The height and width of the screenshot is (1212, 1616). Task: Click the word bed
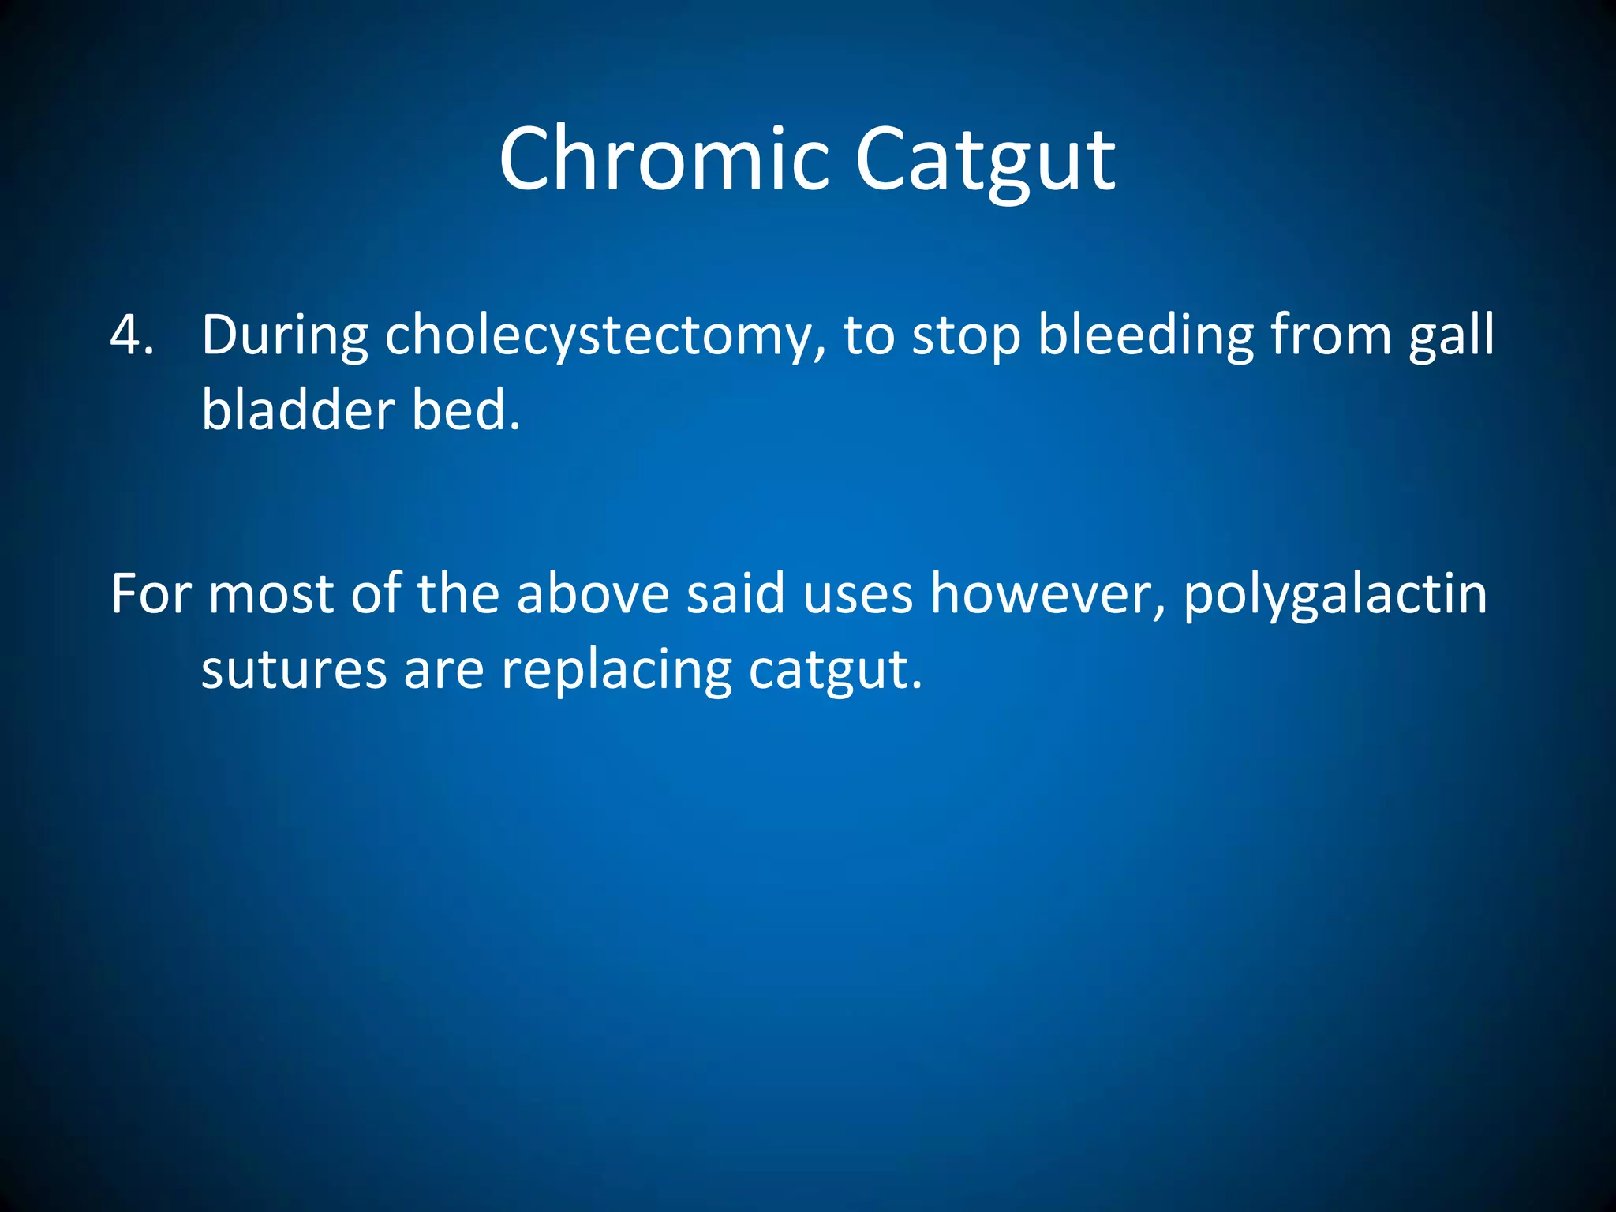pos(466,411)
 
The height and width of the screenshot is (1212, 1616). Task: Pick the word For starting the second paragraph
pos(151,594)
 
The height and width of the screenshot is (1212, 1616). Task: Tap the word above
pos(593,594)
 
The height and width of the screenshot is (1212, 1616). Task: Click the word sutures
pos(294,670)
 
